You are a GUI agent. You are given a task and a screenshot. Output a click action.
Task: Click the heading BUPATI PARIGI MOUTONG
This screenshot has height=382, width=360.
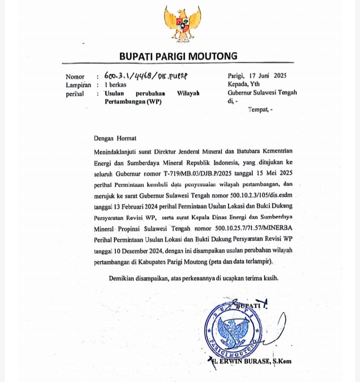coord(178,56)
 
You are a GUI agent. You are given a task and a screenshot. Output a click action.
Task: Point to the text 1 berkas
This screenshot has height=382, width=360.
coord(115,85)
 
